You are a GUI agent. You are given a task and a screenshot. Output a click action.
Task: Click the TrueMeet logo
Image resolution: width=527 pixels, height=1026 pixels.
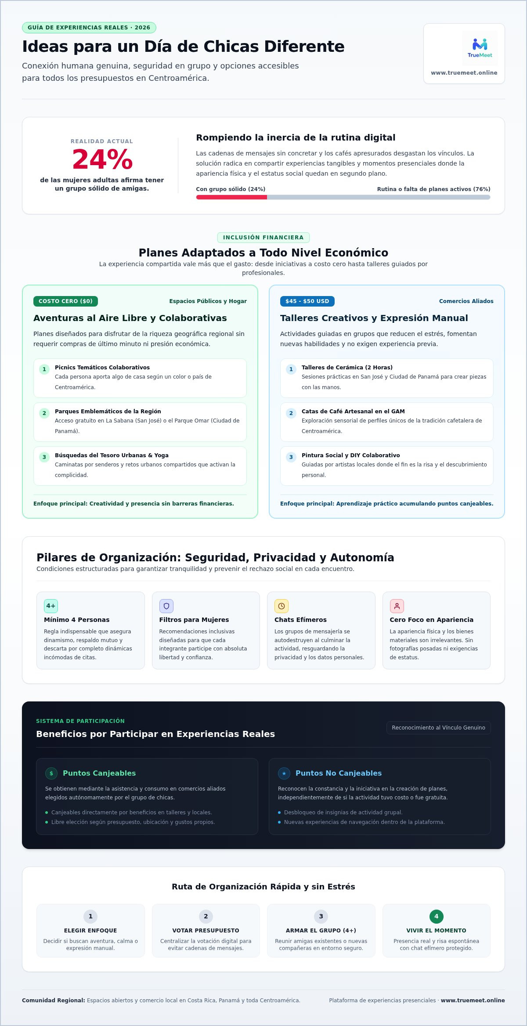coord(480,48)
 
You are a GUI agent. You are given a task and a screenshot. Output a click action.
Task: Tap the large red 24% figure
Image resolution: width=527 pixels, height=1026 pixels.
coord(102,159)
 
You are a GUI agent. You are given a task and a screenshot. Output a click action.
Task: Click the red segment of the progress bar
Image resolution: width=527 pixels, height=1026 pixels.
coord(231,197)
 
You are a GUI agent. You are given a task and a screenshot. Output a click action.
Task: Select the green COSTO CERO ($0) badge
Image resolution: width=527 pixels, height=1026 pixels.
coord(65,301)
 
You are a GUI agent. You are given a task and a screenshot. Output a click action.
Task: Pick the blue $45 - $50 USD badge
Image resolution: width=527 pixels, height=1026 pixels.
coord(307,301)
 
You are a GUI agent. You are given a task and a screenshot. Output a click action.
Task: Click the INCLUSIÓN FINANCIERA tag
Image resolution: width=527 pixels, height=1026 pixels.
coord(263,238)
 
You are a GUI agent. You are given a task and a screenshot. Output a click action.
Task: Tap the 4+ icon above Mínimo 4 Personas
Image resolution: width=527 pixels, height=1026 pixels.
coord(51,606)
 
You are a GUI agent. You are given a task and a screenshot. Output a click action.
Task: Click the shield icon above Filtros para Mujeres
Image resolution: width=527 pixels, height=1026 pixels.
coord(166,606)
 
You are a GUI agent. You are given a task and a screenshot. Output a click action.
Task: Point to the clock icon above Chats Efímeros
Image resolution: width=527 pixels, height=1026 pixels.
coord(282,606)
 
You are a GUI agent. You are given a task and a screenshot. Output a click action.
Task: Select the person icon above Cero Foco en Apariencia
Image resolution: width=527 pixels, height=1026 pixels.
coord(397,606)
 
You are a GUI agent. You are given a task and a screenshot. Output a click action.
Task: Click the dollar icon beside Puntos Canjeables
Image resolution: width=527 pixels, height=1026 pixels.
coord(51,773)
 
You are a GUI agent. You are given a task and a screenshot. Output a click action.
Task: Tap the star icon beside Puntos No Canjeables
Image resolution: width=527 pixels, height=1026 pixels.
coord(284,773)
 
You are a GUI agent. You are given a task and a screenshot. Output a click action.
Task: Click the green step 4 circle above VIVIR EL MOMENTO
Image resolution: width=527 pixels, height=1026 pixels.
coord(437,916)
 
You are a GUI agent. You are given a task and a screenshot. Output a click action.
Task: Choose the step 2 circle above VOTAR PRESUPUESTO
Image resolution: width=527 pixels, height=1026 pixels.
coord(206,916)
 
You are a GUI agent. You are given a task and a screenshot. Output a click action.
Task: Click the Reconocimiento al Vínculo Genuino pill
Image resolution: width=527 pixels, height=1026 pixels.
coord(439,728)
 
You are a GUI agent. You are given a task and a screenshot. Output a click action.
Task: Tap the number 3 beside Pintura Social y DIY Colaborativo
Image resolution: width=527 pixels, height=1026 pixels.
coord(291,457)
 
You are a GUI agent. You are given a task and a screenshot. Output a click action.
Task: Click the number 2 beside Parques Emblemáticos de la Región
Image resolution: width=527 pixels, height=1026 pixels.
coord(44,413)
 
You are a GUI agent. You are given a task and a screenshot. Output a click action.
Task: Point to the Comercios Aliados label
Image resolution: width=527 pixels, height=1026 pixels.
coord(466,301)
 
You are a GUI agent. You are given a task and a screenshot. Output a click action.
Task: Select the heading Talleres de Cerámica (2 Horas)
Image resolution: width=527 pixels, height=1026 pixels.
coord(347,368)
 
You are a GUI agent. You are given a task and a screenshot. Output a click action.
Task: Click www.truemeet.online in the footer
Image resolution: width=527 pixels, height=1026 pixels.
coord(473,1001)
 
